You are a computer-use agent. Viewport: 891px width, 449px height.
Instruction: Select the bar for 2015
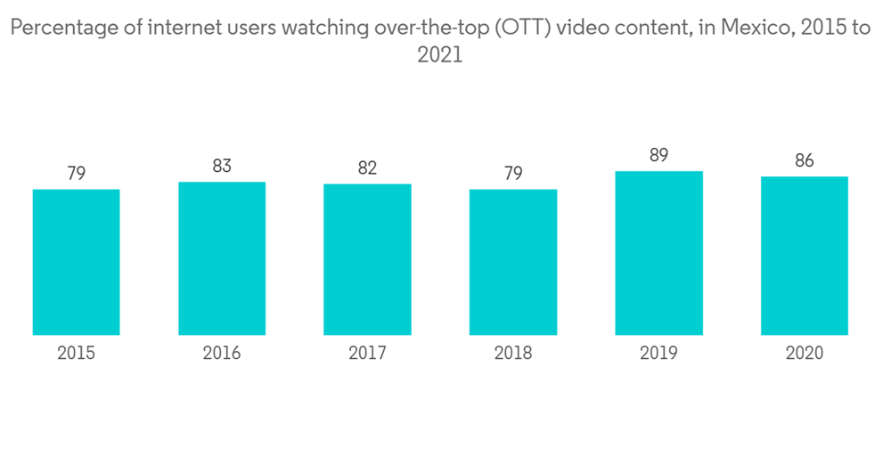click(x=76, y=262)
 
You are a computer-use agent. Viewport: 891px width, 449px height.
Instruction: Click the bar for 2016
click(x=222, y=258)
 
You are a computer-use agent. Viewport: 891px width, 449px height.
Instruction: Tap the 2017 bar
click(x=367, y=259)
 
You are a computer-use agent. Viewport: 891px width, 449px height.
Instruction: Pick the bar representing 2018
click(x=513, y=262)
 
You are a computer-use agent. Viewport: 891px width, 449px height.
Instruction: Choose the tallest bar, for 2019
click(x=658, y=253)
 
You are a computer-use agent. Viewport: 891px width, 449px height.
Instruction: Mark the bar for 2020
click(x=804, y=256)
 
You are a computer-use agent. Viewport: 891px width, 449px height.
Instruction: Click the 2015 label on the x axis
click(x=76, y=353)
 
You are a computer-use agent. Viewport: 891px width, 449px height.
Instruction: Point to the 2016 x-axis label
click(x=222, y=353)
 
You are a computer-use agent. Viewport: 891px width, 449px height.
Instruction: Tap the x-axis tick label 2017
click(x=367, y=353)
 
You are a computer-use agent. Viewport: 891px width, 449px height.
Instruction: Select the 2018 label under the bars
click(x=513, y=353)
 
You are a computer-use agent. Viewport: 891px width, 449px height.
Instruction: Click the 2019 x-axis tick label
click(x=658, y=353)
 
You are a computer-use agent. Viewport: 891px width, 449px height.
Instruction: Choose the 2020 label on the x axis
click(x=804, y=353)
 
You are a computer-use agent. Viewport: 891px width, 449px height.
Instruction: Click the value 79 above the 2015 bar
click(x=76, y=173)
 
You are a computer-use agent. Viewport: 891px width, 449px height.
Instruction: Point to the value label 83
click(x=222, y=166)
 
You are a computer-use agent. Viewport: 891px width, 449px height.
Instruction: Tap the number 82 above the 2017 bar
click(x=367, y=167)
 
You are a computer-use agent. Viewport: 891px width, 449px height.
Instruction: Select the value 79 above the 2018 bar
click(x=513, y=173)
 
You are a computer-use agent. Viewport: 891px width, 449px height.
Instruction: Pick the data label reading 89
click(x=658, y=155)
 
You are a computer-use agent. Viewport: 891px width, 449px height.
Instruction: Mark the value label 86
click(x=804, y=160)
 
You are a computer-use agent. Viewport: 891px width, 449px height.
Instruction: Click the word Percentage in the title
click(x=61, y=28)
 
